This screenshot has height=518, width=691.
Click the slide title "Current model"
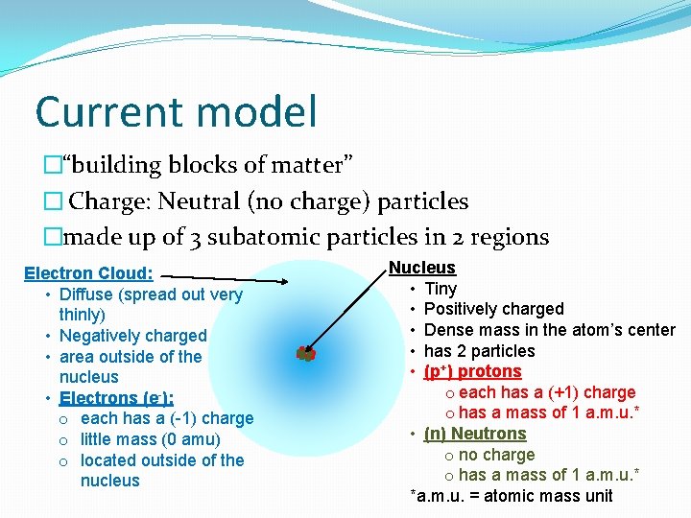176,111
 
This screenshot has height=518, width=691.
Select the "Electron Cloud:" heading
94,273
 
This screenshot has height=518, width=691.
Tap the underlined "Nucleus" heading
421,268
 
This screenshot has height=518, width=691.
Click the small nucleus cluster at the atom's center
306,353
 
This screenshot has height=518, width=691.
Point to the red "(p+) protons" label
472,371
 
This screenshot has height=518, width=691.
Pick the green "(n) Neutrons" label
475,434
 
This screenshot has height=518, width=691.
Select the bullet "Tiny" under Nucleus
441,289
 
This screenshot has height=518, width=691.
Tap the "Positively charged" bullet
493,309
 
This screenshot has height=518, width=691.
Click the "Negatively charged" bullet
132,336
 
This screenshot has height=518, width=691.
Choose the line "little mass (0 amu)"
150,439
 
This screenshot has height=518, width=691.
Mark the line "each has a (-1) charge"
167,418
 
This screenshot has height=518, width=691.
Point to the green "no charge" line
496,455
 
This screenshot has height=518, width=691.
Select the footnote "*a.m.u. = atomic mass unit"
511,496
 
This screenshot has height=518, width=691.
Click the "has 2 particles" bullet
479,351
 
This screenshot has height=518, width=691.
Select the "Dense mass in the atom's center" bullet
549,330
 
